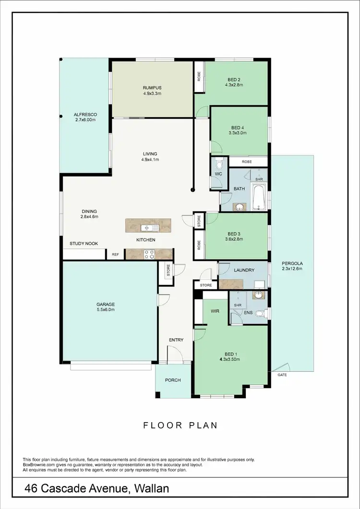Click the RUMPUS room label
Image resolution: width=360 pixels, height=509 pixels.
point(152,88)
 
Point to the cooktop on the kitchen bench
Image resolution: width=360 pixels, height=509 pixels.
point(149,254)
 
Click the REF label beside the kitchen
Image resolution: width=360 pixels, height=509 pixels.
point(115,255)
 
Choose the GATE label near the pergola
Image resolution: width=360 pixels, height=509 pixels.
point(282,375)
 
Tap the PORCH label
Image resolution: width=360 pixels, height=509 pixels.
point(173,380)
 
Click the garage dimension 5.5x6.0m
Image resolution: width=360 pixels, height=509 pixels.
point(105,310)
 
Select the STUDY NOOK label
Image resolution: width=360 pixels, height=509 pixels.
point(84,244)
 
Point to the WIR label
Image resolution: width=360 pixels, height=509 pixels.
point(215,311)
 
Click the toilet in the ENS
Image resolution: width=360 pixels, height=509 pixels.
point(260,314)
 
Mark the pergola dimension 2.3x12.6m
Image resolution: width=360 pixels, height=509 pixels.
point(292,269)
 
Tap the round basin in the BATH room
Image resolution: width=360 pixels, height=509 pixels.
point(239,207)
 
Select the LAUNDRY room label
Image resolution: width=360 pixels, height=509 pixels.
point(244,270)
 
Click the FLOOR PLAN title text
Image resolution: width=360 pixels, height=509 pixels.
point(180,425)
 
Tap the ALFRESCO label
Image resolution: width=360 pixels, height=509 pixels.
point(85,115)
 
